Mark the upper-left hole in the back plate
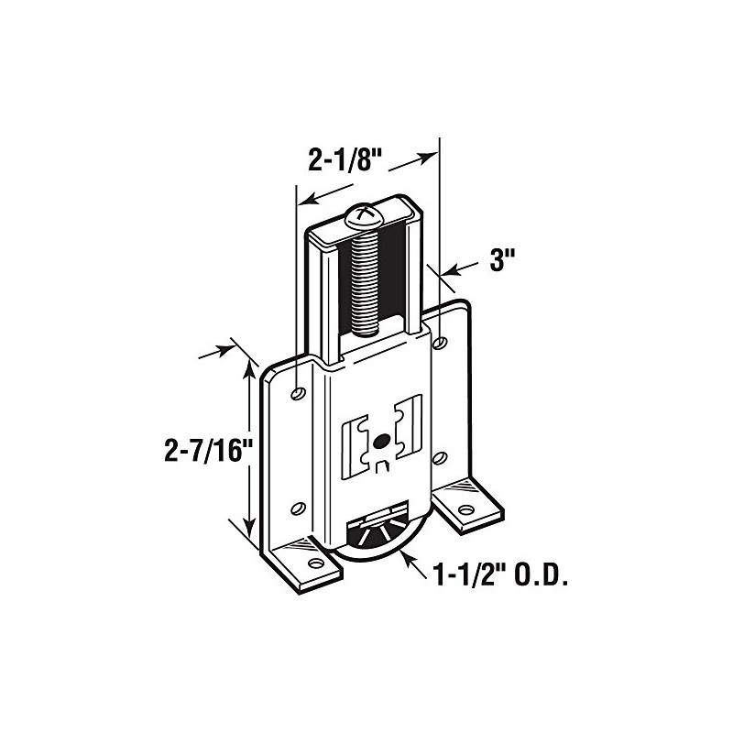[296, 393]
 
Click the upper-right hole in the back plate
[439, 343]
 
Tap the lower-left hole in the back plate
[296, 506]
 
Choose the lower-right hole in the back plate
[439, 456]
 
